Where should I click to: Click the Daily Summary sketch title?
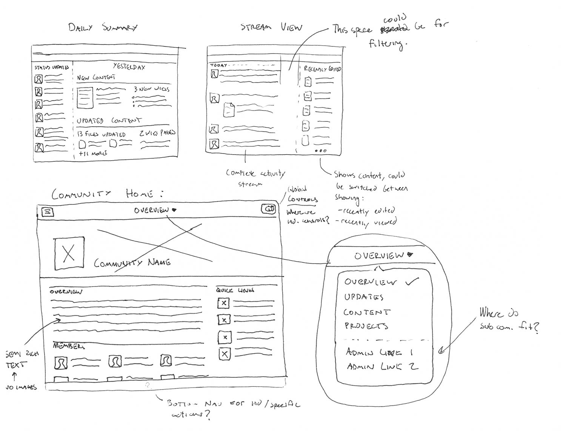click(103, 28)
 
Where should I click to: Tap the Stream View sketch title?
click(271, 28)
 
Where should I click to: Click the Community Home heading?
click(108, 194)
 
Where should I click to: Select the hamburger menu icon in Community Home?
click(47, 212)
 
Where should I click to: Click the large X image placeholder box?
click(69, 253)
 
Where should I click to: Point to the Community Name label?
click(132, 263)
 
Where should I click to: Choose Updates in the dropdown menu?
click(363, 297)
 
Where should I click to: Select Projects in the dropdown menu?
click(366, 326)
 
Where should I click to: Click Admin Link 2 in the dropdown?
click(382, 366)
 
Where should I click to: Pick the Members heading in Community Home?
click(69, 346)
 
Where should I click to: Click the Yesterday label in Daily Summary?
click(129, 67)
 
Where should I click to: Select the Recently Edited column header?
click(322, 69)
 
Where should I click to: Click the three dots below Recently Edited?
click(321, 151)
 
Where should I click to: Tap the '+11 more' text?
click(93, 153)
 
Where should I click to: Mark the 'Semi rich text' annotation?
click(22, 359)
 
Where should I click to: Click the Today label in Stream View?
click(218, 65)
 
